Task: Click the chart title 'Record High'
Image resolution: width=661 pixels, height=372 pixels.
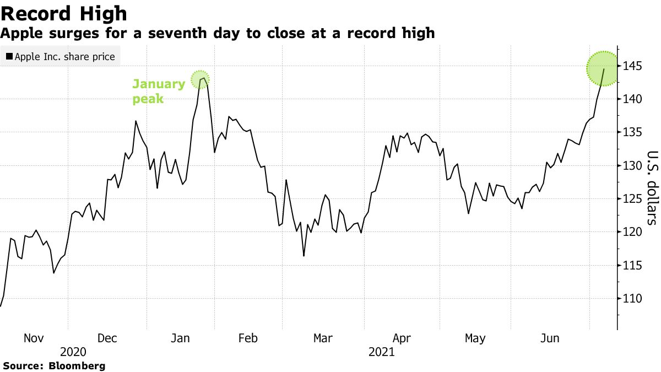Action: coord(64,13)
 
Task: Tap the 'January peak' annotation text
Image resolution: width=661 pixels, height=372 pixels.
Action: coord(158,91)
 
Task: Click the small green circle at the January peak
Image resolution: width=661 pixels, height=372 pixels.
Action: coord(201,80)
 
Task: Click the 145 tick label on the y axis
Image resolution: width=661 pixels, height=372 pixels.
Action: coord(633,66)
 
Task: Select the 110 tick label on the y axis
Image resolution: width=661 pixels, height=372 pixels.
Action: coord(633,299)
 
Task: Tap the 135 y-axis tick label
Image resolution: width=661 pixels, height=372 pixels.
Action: coord(633,132)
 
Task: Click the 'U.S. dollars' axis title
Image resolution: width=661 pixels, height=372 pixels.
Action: coord(652,187)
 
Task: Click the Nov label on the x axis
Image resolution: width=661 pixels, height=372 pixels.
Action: coord(34,338)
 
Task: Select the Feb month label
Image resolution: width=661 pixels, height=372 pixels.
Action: coord(248,338)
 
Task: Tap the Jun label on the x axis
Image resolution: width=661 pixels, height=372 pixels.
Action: coord(550,338)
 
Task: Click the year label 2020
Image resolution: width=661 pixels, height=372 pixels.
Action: coord(73,352)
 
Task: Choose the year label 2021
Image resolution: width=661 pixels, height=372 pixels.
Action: coord(382,352)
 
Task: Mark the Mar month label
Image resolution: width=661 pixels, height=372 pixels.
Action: coord(323,338)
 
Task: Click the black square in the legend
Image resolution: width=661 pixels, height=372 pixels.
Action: coord(9,57)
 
